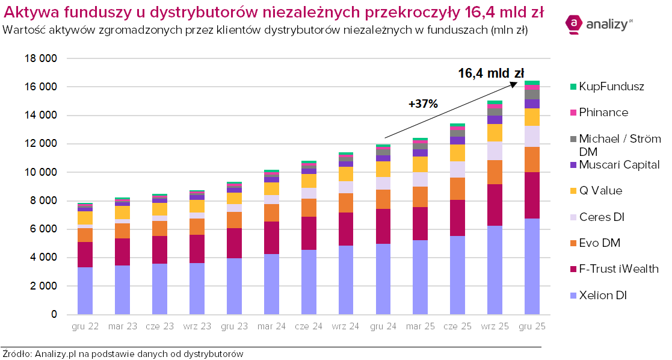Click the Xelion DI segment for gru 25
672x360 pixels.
point(532,266)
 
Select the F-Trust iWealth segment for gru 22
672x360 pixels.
point(85,254)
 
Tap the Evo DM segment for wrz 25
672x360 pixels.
point(495,172)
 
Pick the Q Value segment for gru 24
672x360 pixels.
point(383,169)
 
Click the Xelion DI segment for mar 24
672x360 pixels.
point(271,284)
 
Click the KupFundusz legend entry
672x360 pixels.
point(611,87)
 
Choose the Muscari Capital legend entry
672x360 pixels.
point(619,164)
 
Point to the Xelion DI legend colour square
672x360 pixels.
point(573,296)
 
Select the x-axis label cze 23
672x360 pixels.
point(159,326)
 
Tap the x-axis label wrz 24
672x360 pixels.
point(346,326)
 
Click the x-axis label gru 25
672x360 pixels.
point(532,326)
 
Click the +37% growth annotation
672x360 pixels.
point(423,104)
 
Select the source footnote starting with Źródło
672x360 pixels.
point(123,354)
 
